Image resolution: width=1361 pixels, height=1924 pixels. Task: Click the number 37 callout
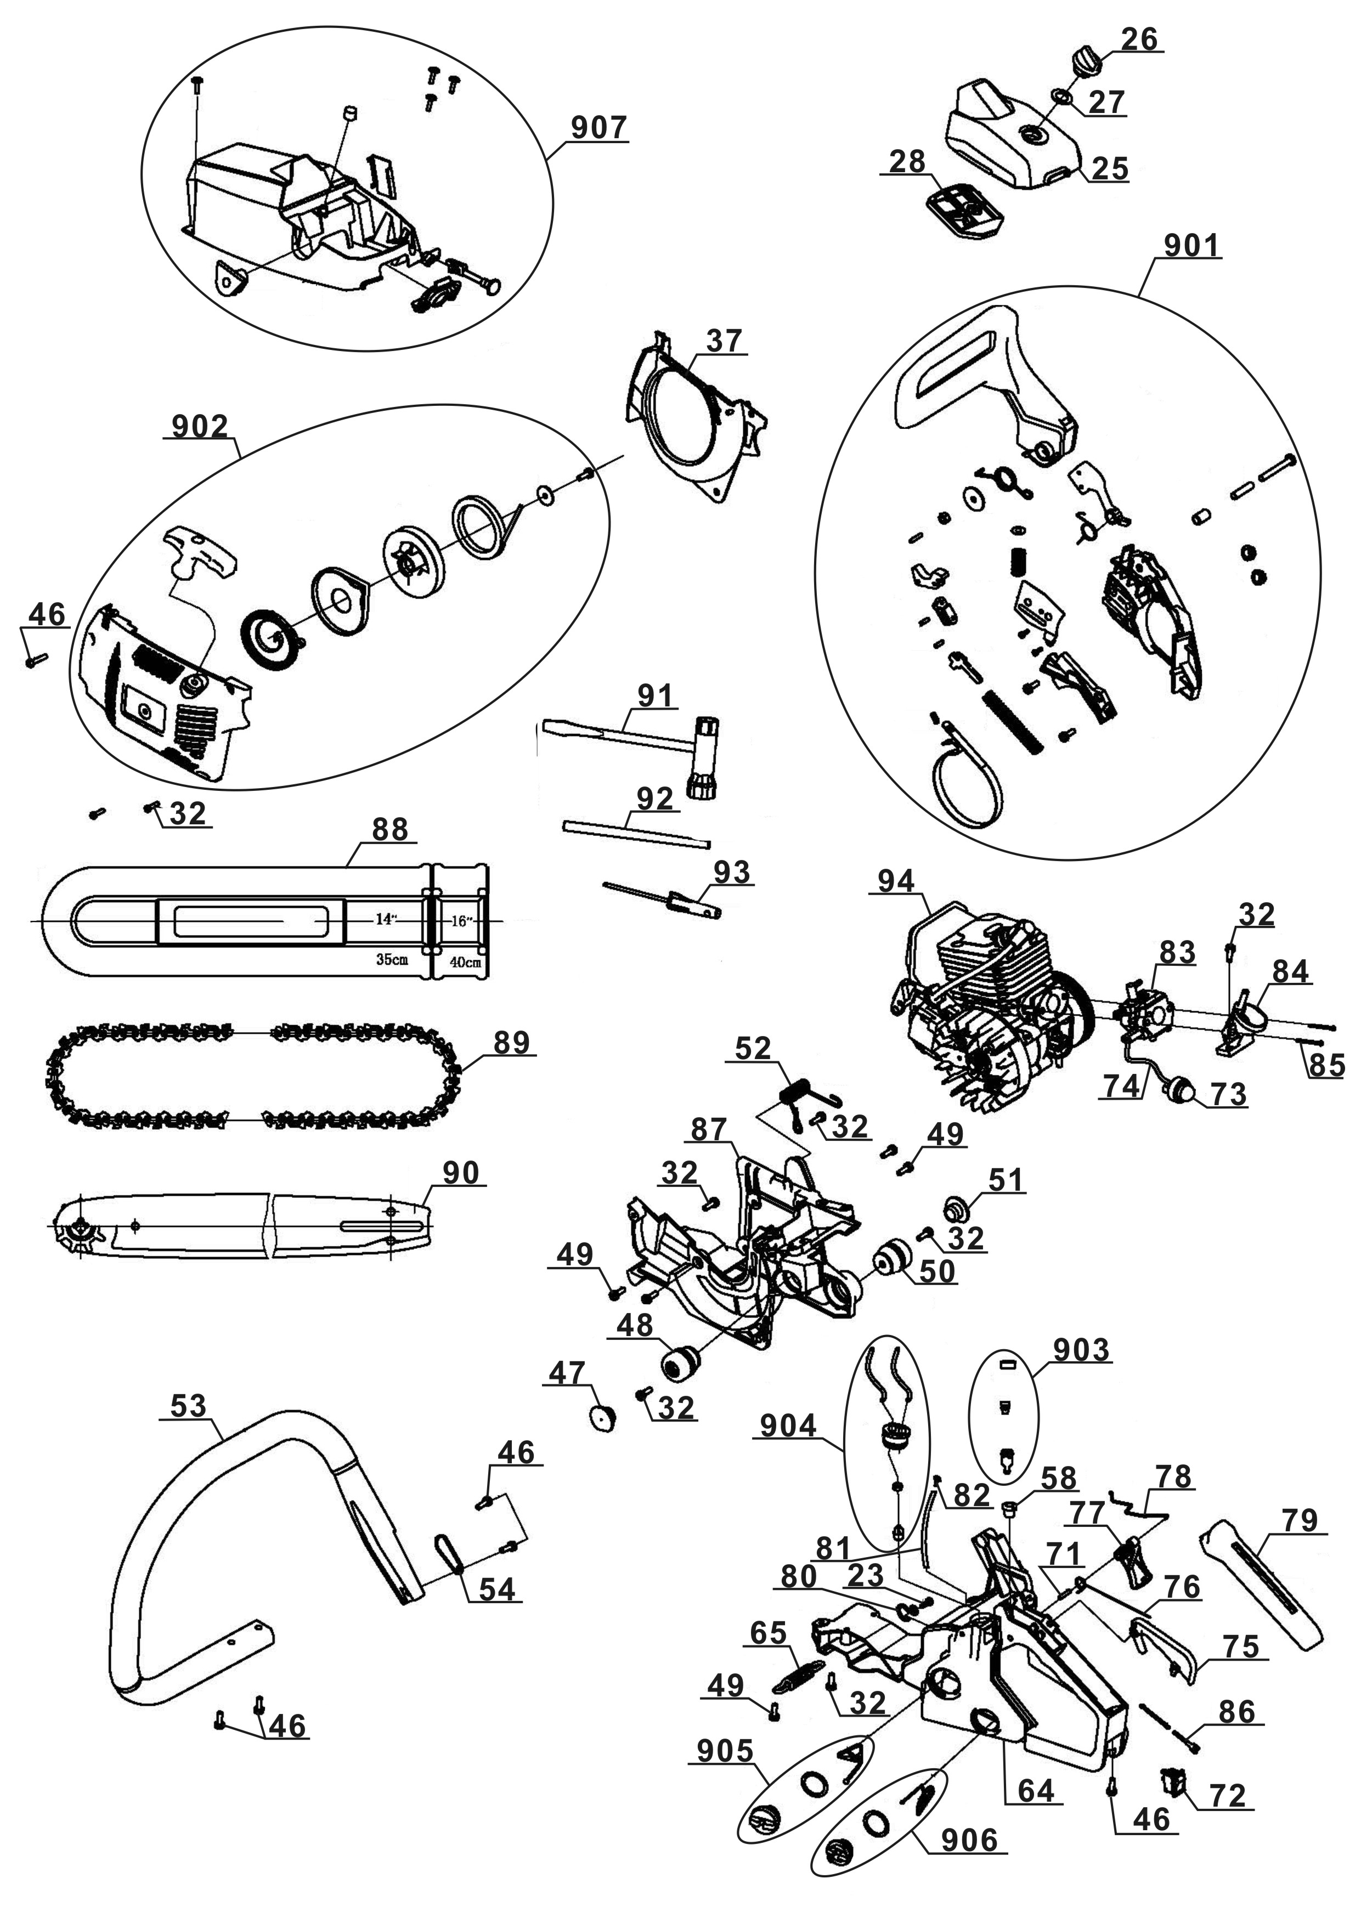pos(724,341)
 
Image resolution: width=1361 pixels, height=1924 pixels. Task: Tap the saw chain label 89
pos(511,1043)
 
